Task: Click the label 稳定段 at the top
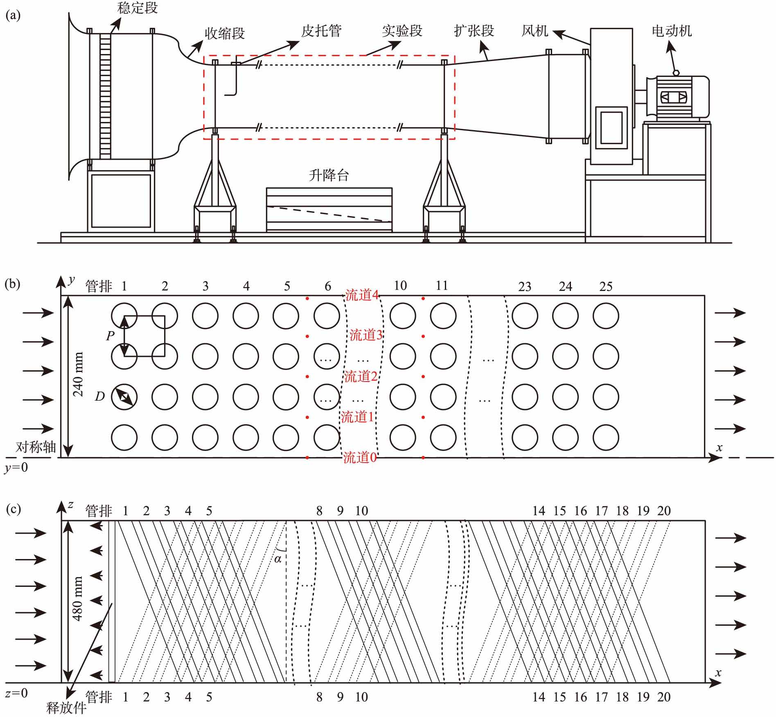point(137,8)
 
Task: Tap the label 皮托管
point(321,31)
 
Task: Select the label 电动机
point(672,31)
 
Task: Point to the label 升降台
point(329,176)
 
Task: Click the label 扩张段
point(474,31)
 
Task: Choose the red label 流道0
point(360,458)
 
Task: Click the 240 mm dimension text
point(77,374)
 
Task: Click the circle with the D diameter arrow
point(124,397)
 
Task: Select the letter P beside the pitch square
point(110,336)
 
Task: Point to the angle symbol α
point(278,559)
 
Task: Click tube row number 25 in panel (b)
point(606,286)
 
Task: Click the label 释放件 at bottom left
point(66,708)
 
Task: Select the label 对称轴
point(36,447)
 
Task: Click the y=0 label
point(16,467)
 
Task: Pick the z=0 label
point(16,693)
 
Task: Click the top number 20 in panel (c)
point(664,511)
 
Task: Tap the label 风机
point(535,31)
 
